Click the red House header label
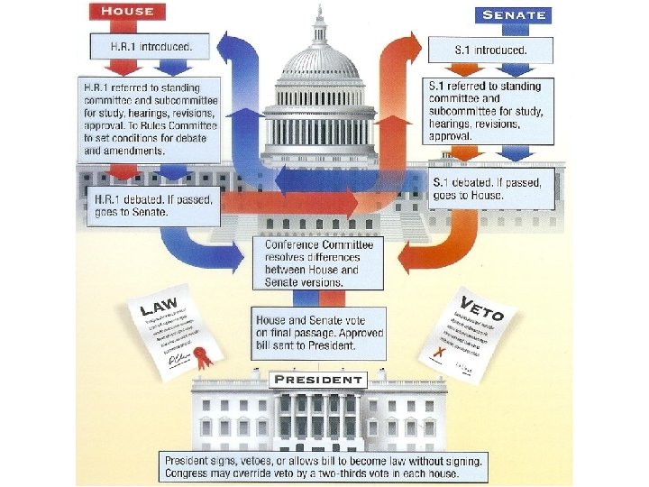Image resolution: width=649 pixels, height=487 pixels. click(x=127, y=12)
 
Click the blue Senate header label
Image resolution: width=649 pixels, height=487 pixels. click(x=514, y=15)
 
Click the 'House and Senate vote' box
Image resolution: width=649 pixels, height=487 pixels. click(x=320, y=333)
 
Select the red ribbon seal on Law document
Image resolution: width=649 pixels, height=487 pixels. click(x=205, y=356)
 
